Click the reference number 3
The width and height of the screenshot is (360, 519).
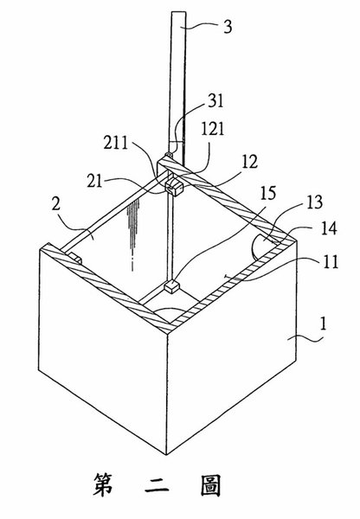coord(228,27)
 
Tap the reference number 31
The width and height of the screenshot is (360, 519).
coord(216,100)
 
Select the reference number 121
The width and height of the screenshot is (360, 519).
coord(213,128)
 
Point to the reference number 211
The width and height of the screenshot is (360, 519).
coord(116,143)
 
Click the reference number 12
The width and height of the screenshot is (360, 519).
coord(249,162)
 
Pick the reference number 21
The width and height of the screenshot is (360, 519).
coord(94,181)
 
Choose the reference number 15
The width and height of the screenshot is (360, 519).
coord(268,193)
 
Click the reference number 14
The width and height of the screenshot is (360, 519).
coord(329,228)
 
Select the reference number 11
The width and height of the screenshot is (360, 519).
coord(331,261)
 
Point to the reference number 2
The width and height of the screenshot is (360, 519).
coord(56,204)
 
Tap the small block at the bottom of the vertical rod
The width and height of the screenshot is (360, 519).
coord(171,285)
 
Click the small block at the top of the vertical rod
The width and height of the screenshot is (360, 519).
coord(174,187)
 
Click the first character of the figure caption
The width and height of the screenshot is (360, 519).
coord(103,484)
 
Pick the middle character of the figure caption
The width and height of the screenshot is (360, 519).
coord(157,485)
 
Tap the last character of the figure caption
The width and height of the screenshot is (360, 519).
coord(210,485)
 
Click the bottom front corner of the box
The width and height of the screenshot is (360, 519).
coord(166,455)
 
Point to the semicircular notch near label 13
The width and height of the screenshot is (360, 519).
coord(261,247)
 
